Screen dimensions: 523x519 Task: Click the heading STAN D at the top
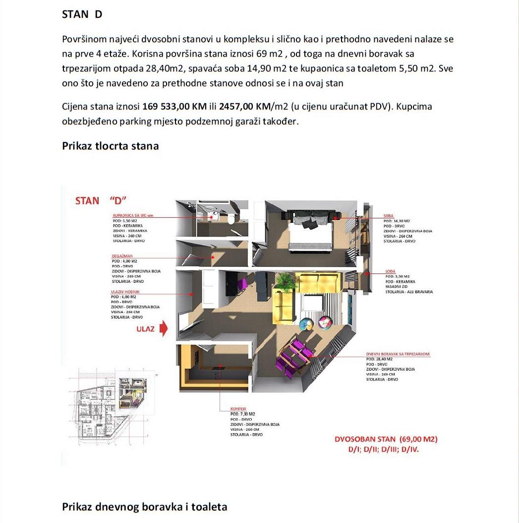82,14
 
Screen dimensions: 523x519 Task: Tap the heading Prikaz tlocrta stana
110,146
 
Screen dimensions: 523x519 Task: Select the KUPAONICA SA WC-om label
131,216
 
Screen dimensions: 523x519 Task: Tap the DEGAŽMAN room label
122,256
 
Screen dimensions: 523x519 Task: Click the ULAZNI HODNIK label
124,292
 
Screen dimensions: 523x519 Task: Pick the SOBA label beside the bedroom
388,216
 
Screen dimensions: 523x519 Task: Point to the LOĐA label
390,271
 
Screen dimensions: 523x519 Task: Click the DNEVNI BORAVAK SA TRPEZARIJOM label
398,354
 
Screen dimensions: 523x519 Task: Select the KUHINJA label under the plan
238,409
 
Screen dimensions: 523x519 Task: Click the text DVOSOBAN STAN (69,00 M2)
386,439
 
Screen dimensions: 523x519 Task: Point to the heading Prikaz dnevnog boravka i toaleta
144,507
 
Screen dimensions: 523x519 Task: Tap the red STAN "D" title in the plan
101,201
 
